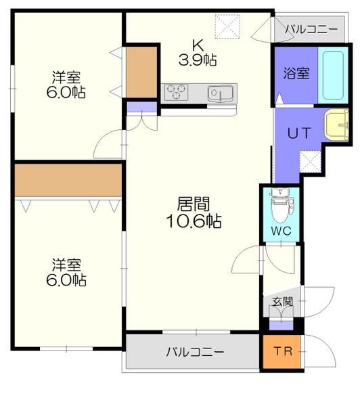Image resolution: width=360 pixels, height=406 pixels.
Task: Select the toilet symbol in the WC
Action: pyautogui.click(x=280, y=207)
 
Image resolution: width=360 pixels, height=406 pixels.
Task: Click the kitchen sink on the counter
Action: pyautogui.click(x=220, y=93)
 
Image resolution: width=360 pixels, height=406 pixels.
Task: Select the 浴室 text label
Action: pyautogui.click(x=295, y=72)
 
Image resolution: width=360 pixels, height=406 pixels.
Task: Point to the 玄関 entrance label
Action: pyautogui.click(x=282, y=302)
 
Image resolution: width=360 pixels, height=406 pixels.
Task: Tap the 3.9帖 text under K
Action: pyautogui.click(x=198, y=60)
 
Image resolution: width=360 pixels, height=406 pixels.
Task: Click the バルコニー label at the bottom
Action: pyautogui.click(x=195, y=352)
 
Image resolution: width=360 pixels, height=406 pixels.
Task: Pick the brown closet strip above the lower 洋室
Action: pyautogui.click(x=68, y=179)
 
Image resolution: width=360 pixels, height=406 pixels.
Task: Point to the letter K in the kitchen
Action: pyautogui.click(x=198, y=45)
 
